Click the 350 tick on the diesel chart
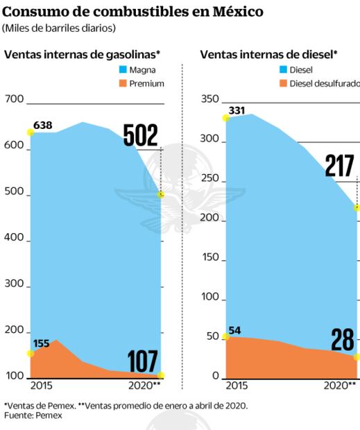(209, 99)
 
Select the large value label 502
(141, 135)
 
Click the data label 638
(42, 126)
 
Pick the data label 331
(237, 110)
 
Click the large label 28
(343, 340)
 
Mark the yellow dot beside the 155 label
(30, 354)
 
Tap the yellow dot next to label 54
(225, 337)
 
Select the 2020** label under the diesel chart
(341, 385)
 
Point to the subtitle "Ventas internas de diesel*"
(268, 53)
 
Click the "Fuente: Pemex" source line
(33, 415)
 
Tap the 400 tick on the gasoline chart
(14, 240)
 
